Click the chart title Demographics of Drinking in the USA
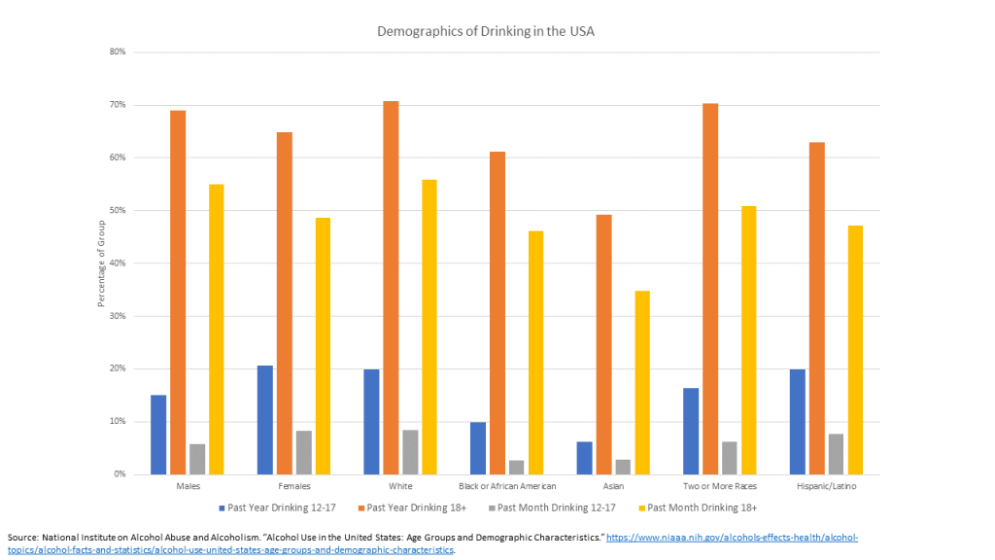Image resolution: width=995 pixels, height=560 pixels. (x=485, y=31)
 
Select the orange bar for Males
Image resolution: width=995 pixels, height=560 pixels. (x=178, y=292)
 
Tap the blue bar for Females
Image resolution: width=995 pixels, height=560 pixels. (x=264, y=420)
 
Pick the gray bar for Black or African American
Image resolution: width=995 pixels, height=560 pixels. (x=516, y=468)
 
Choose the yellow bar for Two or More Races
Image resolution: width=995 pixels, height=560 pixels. (x=748, y=340)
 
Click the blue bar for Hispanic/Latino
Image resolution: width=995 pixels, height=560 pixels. (x=797, y=422)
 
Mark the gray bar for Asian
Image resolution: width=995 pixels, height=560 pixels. (x=623, y=467)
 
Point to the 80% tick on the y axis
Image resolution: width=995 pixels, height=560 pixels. (x=118, y=52)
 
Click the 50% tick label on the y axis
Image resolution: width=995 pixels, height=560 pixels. (x=118, y=210)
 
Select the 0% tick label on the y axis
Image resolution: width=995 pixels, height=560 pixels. (x=120, y=474)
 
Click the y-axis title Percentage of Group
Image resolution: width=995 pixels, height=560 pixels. (x=101, y=263)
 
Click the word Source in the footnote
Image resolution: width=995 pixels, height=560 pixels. (x=25, y=538)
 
